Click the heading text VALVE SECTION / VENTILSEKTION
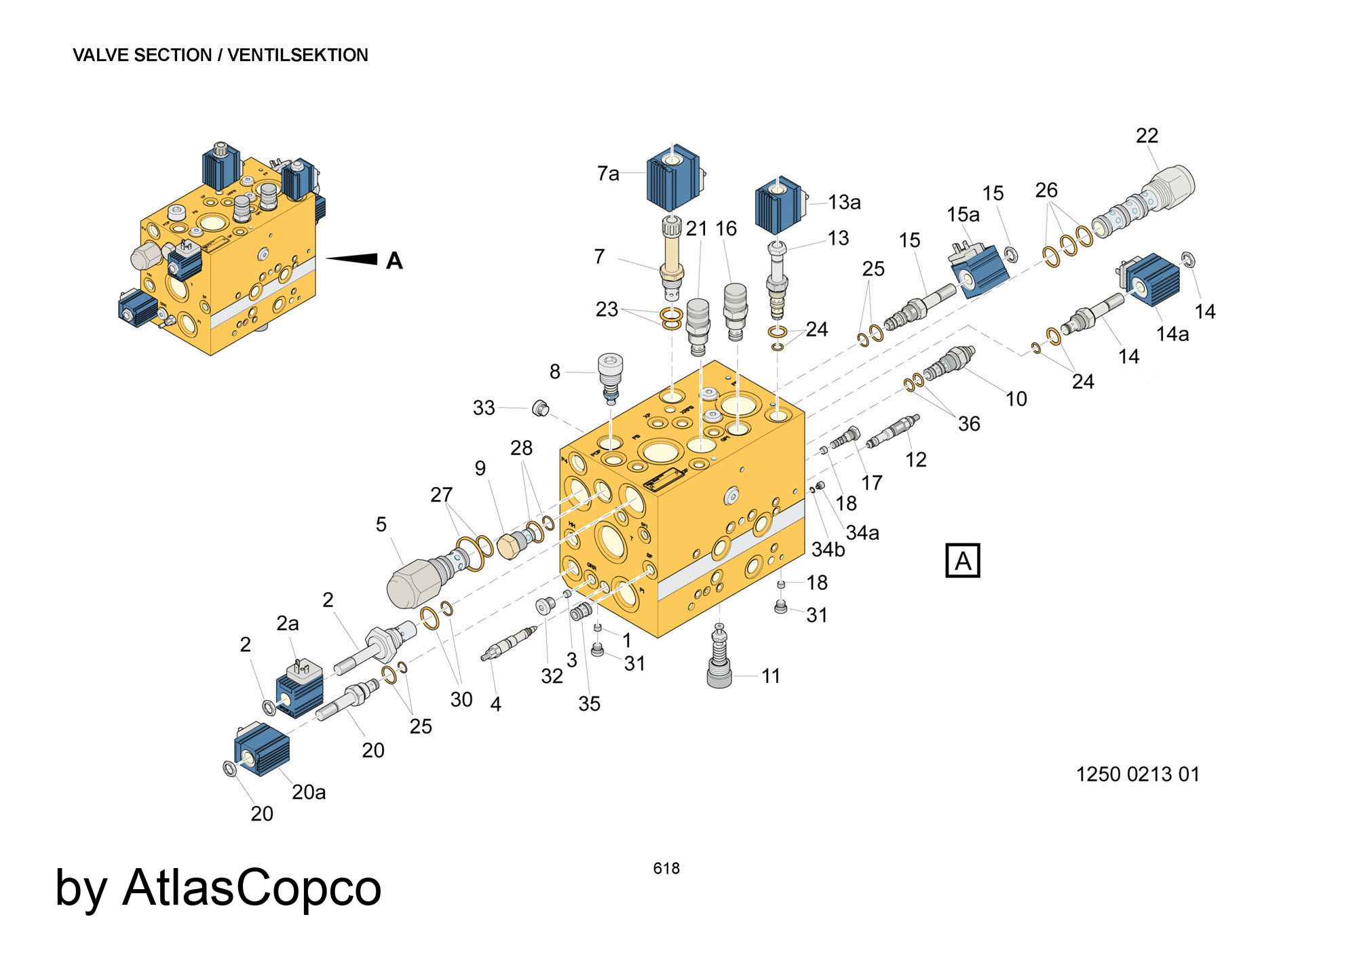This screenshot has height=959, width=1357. (220, 55)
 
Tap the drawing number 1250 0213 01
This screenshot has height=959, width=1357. (1137, 774)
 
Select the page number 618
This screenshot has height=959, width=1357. (666, 868)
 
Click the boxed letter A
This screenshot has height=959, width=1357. (962, 561)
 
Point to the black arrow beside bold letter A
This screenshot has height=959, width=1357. (353, 258)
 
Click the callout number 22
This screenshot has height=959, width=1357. (1147, 136)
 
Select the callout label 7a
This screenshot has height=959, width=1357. (608, 174)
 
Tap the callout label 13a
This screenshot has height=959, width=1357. (844, 202)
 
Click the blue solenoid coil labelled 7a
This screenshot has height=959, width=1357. (672, 180)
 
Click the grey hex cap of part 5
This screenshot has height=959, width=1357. (410, 582)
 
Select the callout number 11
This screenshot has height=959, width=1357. (771, 676)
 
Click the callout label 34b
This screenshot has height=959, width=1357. (828, 549)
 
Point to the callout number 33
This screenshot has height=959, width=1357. (484, 408)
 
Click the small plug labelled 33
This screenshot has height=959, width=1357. (539, 408)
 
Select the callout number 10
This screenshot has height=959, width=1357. (1016, 399)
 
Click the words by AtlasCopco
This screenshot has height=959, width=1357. (218, 887)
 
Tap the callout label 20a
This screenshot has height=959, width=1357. (309, 791)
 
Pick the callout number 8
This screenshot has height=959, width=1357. (555, 371)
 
